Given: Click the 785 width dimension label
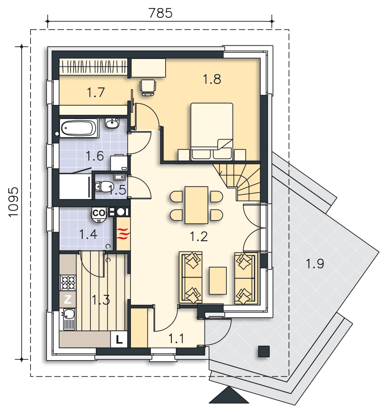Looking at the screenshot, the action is (x=160, y=13).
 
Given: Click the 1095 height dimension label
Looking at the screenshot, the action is (x=14, y=202).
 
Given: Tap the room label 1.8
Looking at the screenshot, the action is (x=212, y=79).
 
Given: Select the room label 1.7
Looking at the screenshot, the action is (x=96, y=93).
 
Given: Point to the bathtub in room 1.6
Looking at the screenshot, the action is (x=79, y=128).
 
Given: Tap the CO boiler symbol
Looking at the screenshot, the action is (x=99, y=215).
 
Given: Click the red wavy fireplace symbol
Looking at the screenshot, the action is (x=123, y=234).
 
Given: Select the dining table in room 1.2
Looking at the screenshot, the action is (x=196, y=205).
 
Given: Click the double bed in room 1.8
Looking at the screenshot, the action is (x=212, y=131).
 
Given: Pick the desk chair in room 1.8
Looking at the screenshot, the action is (x=147, y=88).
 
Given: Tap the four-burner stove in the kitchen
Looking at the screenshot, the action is (x=68, y=282).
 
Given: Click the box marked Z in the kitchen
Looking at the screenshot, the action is (x=68, y=299).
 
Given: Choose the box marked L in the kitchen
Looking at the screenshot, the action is (x=119, y=339).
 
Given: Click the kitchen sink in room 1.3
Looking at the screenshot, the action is (x=68, y=319).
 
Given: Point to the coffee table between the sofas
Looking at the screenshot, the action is (x=218, y=280).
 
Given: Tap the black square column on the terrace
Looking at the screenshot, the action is (x=264, y=351).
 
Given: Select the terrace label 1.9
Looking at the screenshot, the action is (x=315, y=263).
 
